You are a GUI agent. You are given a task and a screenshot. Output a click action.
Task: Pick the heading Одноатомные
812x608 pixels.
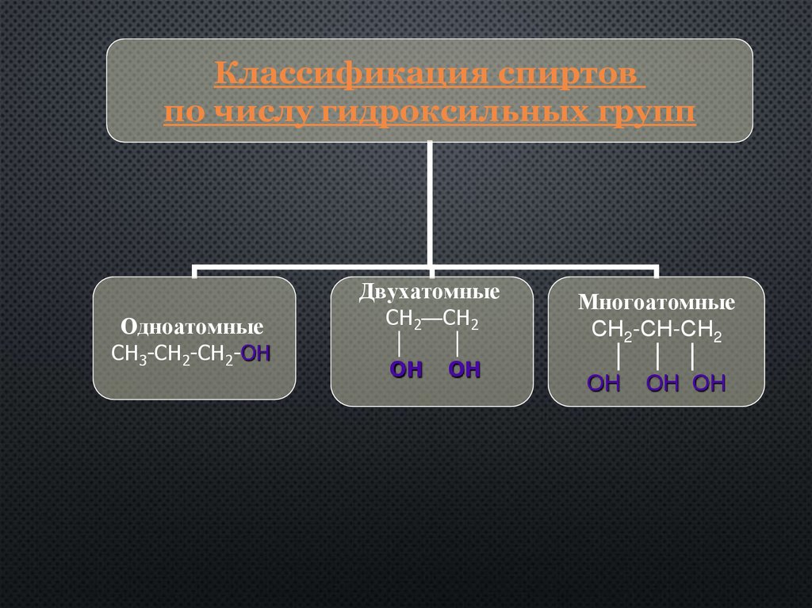click(x=192, y=327)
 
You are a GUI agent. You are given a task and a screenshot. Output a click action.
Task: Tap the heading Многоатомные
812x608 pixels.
click(x=657, y=303)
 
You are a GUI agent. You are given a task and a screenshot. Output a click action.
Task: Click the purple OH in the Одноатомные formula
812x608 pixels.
click(x=255, y=354)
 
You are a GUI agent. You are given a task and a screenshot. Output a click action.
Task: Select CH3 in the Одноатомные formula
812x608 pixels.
click(x=127, y=354)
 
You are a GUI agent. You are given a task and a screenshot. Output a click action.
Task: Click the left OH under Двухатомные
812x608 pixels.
click(x=406, y=370)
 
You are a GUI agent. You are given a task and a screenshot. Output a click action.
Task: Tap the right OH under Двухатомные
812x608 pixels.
click(x=465, y=370)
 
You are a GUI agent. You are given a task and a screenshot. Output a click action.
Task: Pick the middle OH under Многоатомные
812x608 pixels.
click(x=663, y=384)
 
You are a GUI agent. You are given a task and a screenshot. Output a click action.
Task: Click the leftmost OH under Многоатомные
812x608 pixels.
click(x=603, y=384)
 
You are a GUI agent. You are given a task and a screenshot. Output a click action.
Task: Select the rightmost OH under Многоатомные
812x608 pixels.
click(x=709, y=384)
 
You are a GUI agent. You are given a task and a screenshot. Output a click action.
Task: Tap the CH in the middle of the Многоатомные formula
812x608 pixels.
click(x=657, y=331)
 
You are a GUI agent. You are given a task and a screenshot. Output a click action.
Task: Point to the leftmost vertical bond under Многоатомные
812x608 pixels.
click(x=618, y=357)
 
